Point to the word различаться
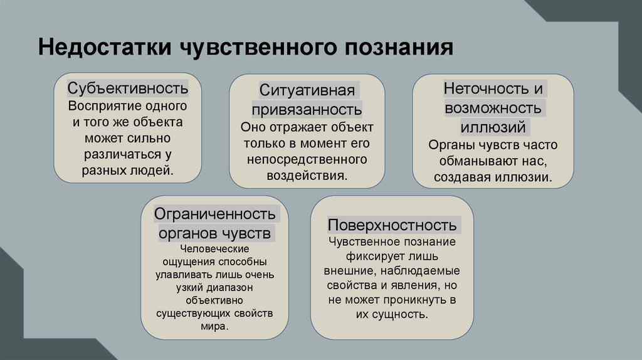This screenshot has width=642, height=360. [x=119, y=154]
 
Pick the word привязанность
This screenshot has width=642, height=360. [x=307, y=110]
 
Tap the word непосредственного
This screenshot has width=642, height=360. [x=307, y=159]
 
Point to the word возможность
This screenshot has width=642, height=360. [x=493, y=108]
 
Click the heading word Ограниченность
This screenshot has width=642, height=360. [x=215, y=214]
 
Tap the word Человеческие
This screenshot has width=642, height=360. [x=215, y=249]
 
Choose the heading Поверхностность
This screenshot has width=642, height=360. [x=392, y=225]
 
